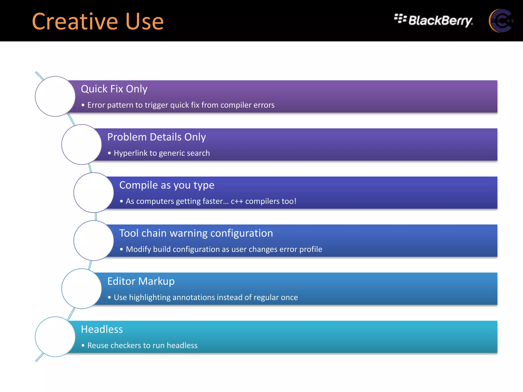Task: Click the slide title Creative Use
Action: (98, 21)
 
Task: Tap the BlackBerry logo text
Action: (440, 20)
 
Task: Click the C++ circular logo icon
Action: (501, 21)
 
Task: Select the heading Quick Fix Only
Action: (114, 89)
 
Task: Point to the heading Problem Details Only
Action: (156, 137)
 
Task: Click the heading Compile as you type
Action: (167, 185)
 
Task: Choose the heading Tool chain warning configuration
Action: (196, 233)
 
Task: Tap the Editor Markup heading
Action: (141, 281)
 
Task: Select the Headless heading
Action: (102, 329)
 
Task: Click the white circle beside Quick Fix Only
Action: (55, 96)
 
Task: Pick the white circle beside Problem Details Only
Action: (81, 144)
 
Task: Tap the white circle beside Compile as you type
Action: (94, 193)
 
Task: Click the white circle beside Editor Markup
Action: (81, 289)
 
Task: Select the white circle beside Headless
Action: (55, 337)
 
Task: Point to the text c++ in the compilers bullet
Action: (237, 201)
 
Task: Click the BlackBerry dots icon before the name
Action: (400, 19)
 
